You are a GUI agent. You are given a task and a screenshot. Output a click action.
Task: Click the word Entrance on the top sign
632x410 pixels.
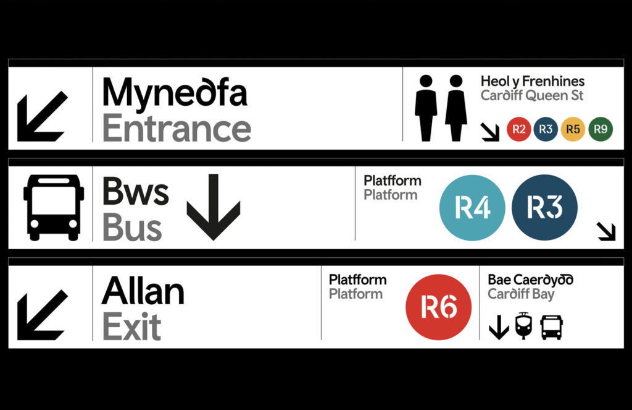click(177, 129)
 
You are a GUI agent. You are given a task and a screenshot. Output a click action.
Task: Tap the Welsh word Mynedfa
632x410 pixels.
click(175, 93)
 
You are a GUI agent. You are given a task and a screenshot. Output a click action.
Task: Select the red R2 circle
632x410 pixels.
click(518, 129)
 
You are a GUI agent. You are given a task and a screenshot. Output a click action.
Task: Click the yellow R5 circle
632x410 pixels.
click(573, 129)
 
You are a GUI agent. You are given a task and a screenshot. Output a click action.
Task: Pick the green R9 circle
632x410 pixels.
click(601, 129)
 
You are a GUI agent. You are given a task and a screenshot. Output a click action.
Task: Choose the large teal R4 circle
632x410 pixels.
click(472, 208)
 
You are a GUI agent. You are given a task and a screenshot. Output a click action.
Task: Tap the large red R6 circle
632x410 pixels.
click(438, 307)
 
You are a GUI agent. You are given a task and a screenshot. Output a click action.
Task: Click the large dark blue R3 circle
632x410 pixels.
click(545, 208)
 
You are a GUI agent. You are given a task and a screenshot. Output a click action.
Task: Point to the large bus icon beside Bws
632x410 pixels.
click(54, 207)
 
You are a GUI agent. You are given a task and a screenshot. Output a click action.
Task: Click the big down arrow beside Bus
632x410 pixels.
click(213, 207)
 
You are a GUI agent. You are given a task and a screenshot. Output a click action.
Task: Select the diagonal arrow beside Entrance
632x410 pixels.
click(42, 117)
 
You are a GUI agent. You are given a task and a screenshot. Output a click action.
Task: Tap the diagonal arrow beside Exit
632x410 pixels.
click(42, 315)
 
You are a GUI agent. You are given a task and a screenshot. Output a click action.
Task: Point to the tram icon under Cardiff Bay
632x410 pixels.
click(523, 326)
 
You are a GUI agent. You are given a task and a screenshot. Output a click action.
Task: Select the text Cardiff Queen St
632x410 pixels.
click(531, 96)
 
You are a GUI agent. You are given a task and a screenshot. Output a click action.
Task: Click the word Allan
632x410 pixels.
click(143, 290)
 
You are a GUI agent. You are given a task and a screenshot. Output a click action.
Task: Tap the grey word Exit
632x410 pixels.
click(131, 327)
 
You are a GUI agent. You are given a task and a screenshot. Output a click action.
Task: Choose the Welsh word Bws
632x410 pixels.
click(136, 192)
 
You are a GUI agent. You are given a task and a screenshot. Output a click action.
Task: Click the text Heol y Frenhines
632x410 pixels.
click(532, 81)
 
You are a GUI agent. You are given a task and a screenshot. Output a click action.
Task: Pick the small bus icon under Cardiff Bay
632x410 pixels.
click(551, 327)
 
